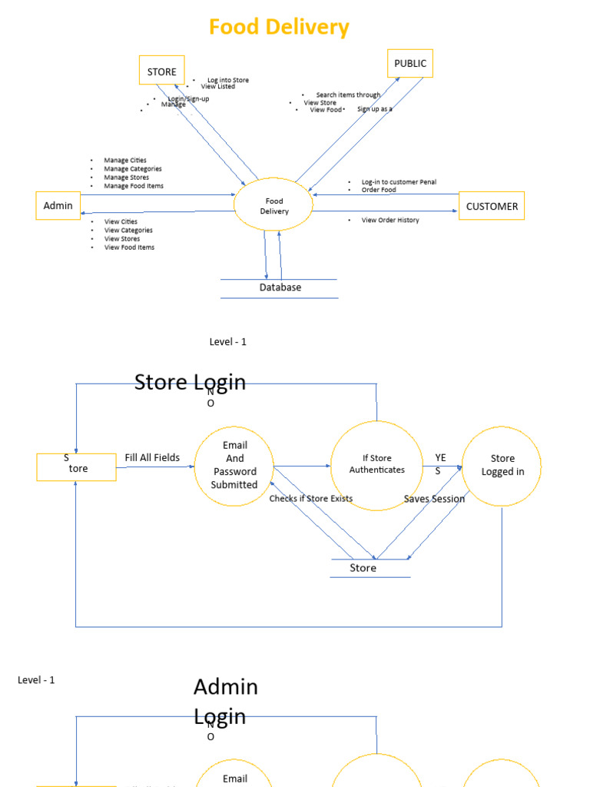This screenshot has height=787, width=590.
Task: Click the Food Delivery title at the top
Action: (x=279, y=28)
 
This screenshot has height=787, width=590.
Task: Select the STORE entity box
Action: (x=161, y=71)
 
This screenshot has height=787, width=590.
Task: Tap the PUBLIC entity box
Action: (x=410, y=63)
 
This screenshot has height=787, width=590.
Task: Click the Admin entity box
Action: (x=58, y=205)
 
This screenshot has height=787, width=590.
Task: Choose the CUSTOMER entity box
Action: (x=492, y=206)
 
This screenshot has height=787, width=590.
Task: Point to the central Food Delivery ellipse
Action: (x=274, y=206)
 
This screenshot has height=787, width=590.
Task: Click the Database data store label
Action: (x=280, y=287)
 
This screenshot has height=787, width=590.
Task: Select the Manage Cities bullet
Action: (x=125, y=161)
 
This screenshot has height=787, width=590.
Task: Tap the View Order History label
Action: (x=390, y=221)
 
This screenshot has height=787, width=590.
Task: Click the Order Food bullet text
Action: (x=379, y=190)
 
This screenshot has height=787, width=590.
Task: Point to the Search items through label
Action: (x=348, y=95)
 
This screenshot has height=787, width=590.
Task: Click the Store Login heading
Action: (x=190, y=382)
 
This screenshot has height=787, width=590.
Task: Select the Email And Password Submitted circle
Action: (x=234, y=465)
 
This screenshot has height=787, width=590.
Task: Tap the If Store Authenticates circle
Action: (x=376, y=464)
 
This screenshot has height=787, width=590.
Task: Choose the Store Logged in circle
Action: (x=502, y=465)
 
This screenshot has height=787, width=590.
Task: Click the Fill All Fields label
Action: (x=152, y=458)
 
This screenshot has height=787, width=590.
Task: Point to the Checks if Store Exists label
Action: (x=311, y=499)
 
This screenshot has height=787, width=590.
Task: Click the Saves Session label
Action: (x=434, y=499)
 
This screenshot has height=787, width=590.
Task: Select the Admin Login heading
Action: (x=225, y=701)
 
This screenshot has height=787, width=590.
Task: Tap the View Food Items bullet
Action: (x=129, y=247)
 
